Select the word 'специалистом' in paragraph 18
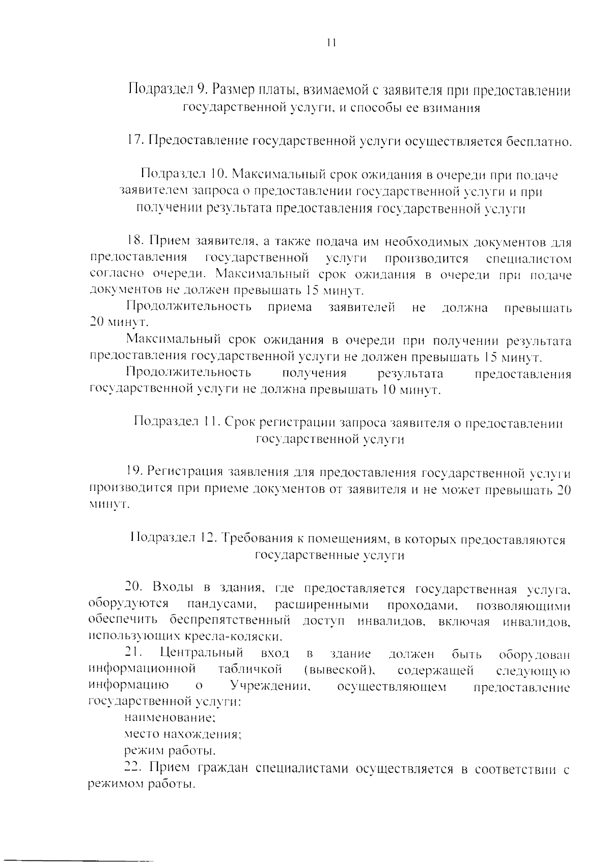(529, 258)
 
